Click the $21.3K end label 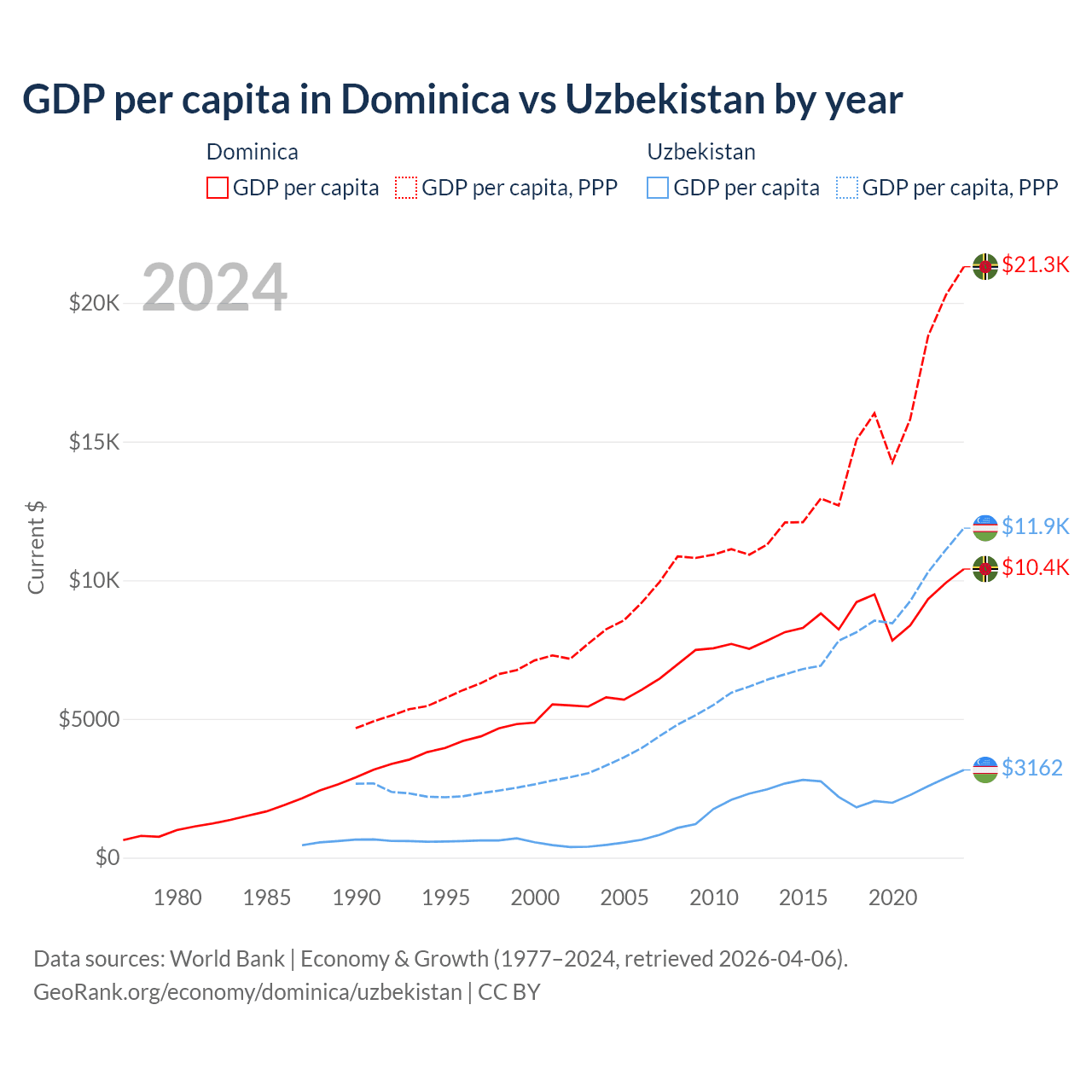click(x=1035, y=264)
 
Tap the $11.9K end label click(x=1035, y=526)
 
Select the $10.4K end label click(x=1035, y=567)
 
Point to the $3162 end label click(x=1031, y=768)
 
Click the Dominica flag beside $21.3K click(x=985, y=266)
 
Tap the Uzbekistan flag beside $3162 click(x=985, y=769)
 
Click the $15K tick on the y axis click(x=94, y=442)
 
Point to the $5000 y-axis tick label click(x=89, y=719)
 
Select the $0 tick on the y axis click(x=107, y=857)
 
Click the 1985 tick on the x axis click(x=267, y=897)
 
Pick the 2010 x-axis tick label click(x=714, y=897)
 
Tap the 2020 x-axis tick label click(x=892, y=897)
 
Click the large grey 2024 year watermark click(x=214, y=288)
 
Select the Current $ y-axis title click(x=36, y=548)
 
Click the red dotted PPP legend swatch click(x=406, y=188)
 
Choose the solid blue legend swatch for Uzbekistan click(x=658, y=188)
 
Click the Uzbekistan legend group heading click(x=701, y=152)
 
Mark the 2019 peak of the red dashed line click(x=874, y=413)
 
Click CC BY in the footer click(x=509, y=992)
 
